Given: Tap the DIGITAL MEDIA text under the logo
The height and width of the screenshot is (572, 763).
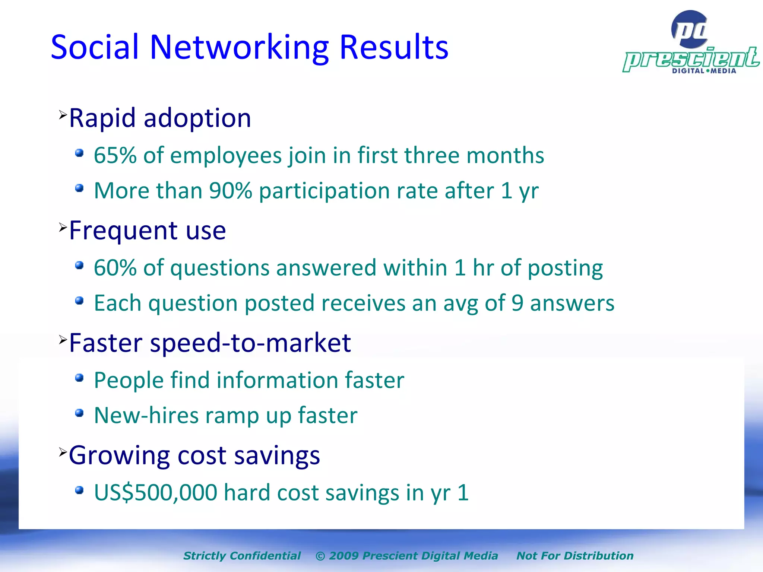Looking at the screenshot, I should point(704,71).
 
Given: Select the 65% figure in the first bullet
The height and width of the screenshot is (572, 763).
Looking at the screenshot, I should point(115,155).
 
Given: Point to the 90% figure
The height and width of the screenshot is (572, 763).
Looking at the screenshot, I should point(231,191).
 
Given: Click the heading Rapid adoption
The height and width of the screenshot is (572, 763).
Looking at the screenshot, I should point(160,118).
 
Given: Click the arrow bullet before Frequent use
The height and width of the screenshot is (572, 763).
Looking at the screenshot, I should point(63,227).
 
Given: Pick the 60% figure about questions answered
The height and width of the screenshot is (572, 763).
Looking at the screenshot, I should point(115,268).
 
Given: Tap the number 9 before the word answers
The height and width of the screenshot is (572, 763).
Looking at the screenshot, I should point(517,303).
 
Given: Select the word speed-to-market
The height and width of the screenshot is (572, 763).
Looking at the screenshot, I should point(250,343).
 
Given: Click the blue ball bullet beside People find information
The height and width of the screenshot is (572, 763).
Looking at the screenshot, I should point(79,378).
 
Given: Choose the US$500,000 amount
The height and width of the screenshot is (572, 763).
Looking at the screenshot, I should point(156,493).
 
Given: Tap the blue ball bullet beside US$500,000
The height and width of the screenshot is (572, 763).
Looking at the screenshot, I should point(79,490).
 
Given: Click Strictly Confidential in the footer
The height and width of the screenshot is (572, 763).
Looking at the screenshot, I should point(242,556).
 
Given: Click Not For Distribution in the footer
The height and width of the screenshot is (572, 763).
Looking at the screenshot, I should point(574,556).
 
